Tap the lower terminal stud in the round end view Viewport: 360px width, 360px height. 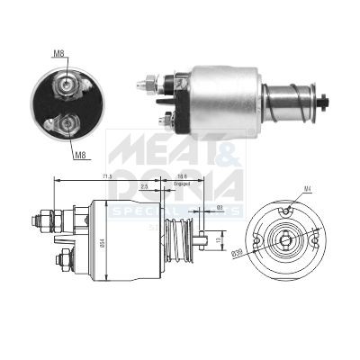coord(67,124)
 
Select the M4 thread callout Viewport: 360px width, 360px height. coord(307,188)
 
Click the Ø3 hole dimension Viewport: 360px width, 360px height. coord(220,208)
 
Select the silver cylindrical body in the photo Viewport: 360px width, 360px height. coord(225,94)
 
